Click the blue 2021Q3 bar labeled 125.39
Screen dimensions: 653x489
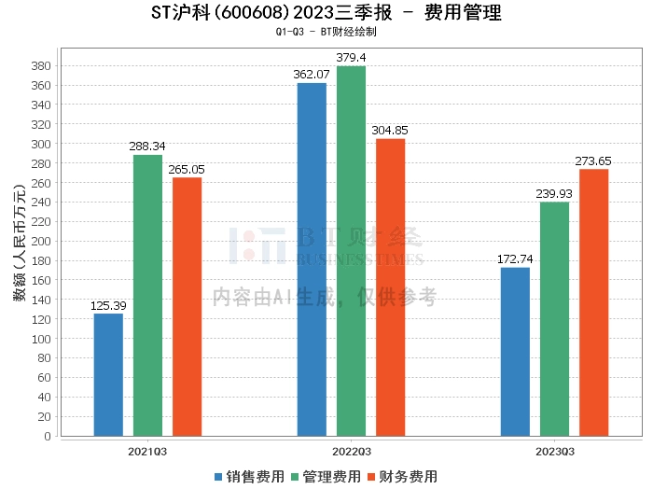pos(108,375)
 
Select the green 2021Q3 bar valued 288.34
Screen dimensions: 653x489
pos(147,295)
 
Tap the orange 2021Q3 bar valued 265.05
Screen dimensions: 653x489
pos(187,307)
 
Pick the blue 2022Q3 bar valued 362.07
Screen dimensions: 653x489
pos(312,259)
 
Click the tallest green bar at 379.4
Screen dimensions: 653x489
pos(351,251)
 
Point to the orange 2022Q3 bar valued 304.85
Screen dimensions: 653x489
pos(390,287)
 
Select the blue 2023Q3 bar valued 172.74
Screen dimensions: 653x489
pos(515,352)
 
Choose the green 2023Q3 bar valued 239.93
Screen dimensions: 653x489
pos(554,319)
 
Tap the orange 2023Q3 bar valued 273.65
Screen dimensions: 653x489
pos(594,302)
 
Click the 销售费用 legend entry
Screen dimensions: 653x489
pos(249,477)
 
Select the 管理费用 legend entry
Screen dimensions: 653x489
pos(326,477)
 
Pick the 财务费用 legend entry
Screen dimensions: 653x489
pos(403,477)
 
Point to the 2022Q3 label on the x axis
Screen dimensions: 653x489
pos(352,452)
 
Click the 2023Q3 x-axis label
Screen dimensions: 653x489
pos(555,452)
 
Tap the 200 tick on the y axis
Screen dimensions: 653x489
pos(41,241)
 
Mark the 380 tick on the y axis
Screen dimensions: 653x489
pos(41,66)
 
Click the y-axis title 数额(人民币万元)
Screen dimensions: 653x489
pos(20,243)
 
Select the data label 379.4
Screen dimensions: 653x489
pos(351,58)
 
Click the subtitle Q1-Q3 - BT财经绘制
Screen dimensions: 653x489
pos(326,32)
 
